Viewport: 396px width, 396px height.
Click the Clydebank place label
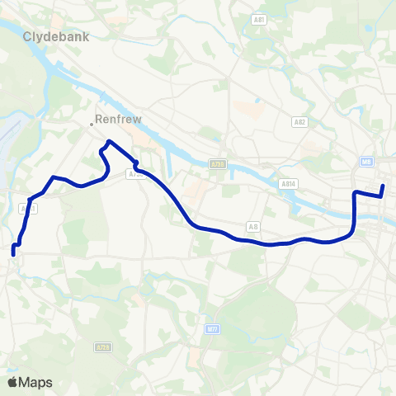[x=55, y=37]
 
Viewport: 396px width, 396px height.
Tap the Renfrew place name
[x=119, y=119]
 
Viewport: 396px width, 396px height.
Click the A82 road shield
[x=299, y=122]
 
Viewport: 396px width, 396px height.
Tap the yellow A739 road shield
[x=217, y=164]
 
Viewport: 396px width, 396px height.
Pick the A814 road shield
[x=288, y=184]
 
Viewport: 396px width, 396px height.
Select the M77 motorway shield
[x=212, y=328]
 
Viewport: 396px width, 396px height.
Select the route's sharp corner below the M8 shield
[x=354, y=194]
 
